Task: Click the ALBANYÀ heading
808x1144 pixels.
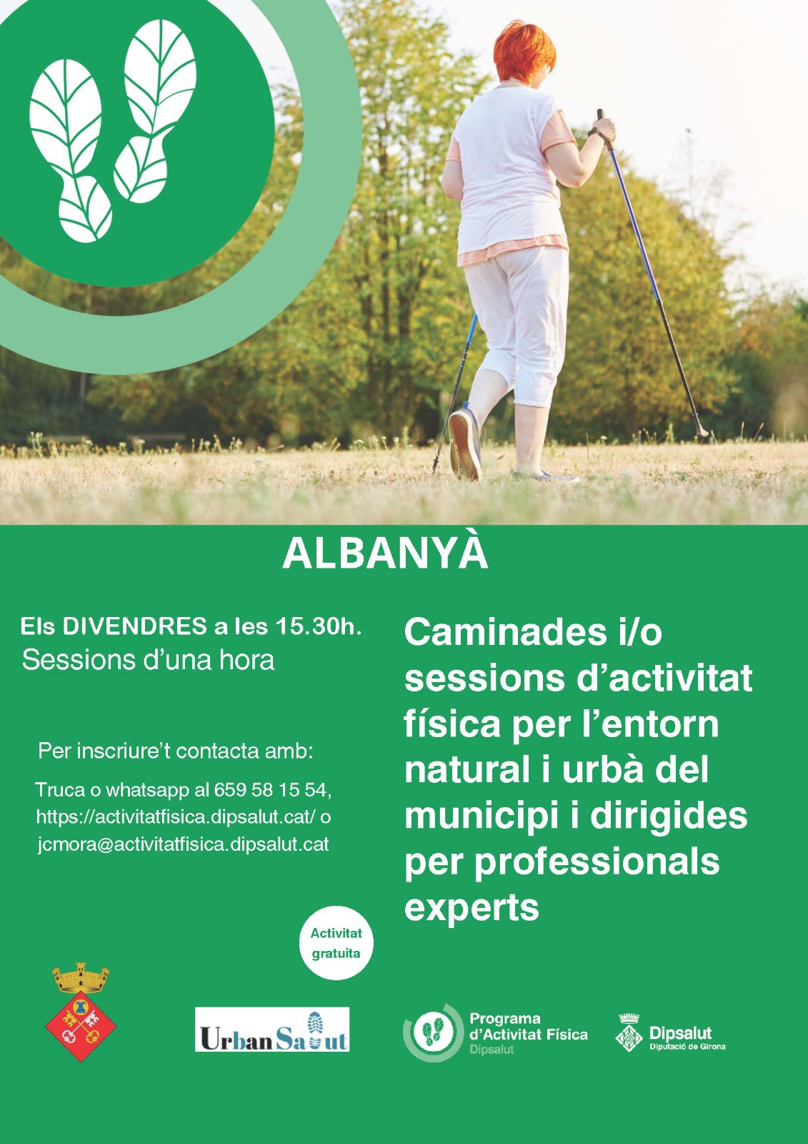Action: click(x=385, y=554)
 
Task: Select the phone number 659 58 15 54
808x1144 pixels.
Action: click(x=273, y=790)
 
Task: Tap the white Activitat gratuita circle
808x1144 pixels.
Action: click(x=336, y=942)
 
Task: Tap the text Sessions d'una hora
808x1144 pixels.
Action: click(x=148, y=660)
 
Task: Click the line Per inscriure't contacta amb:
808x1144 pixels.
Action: click(x=175, y=751)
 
